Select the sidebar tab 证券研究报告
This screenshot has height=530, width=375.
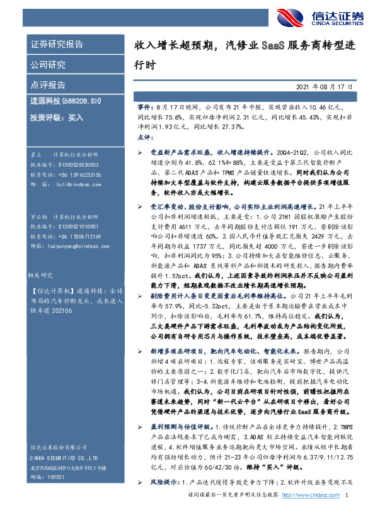(x=57, y=44)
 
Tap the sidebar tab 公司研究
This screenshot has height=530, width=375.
(x=48, y=64)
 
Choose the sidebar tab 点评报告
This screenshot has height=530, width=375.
(x=48, y=84)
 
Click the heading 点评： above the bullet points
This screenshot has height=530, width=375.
(x=144, y=137)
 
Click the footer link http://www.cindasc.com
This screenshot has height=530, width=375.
(x=306, y=514)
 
